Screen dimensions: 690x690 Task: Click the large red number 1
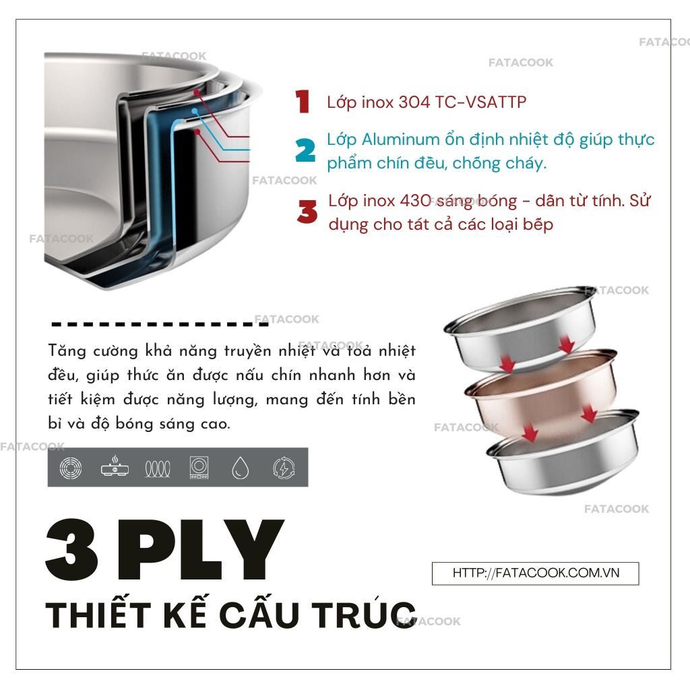303,101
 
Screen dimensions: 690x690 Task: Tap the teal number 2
305,150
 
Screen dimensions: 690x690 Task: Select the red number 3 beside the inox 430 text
307,212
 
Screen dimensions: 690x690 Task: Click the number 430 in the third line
415,201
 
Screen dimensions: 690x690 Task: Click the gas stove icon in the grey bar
115,466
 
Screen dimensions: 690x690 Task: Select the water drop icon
241,468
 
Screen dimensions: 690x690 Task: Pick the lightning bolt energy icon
284,468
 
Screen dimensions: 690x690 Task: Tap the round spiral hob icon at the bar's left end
71,468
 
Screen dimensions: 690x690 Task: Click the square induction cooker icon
199,468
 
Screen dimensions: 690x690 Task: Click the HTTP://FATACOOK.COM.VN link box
535,573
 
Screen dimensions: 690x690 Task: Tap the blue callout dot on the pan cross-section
194,111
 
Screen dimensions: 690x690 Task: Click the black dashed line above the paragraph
160,325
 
